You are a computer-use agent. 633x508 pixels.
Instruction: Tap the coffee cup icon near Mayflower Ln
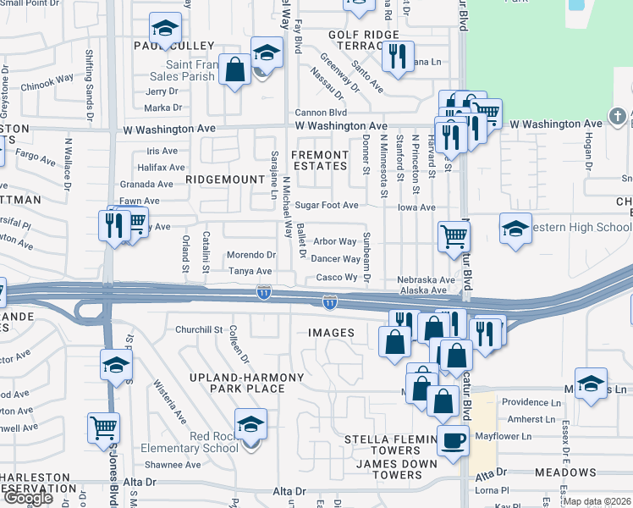click(453, 441)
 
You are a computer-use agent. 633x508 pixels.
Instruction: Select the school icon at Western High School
click(515, 229)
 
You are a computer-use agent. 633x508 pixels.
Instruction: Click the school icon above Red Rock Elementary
click(250, 423)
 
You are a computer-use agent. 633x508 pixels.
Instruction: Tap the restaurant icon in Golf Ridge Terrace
click(397, 56)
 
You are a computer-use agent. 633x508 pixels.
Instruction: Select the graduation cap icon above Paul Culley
click(165, 28)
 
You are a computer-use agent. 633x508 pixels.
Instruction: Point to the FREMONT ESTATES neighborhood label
click(320, 161)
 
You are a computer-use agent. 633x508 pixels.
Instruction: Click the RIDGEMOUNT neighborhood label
click(225, 179)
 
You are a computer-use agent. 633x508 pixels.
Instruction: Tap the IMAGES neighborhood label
click(331, 333)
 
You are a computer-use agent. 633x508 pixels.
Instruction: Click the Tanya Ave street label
click(250, 272)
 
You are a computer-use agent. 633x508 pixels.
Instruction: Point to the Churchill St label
click(198, 329)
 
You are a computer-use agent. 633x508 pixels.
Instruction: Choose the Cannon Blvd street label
click(321, 113)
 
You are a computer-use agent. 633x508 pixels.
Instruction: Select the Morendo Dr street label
click(251, 255)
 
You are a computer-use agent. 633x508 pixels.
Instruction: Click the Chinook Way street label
click(47, 82)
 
